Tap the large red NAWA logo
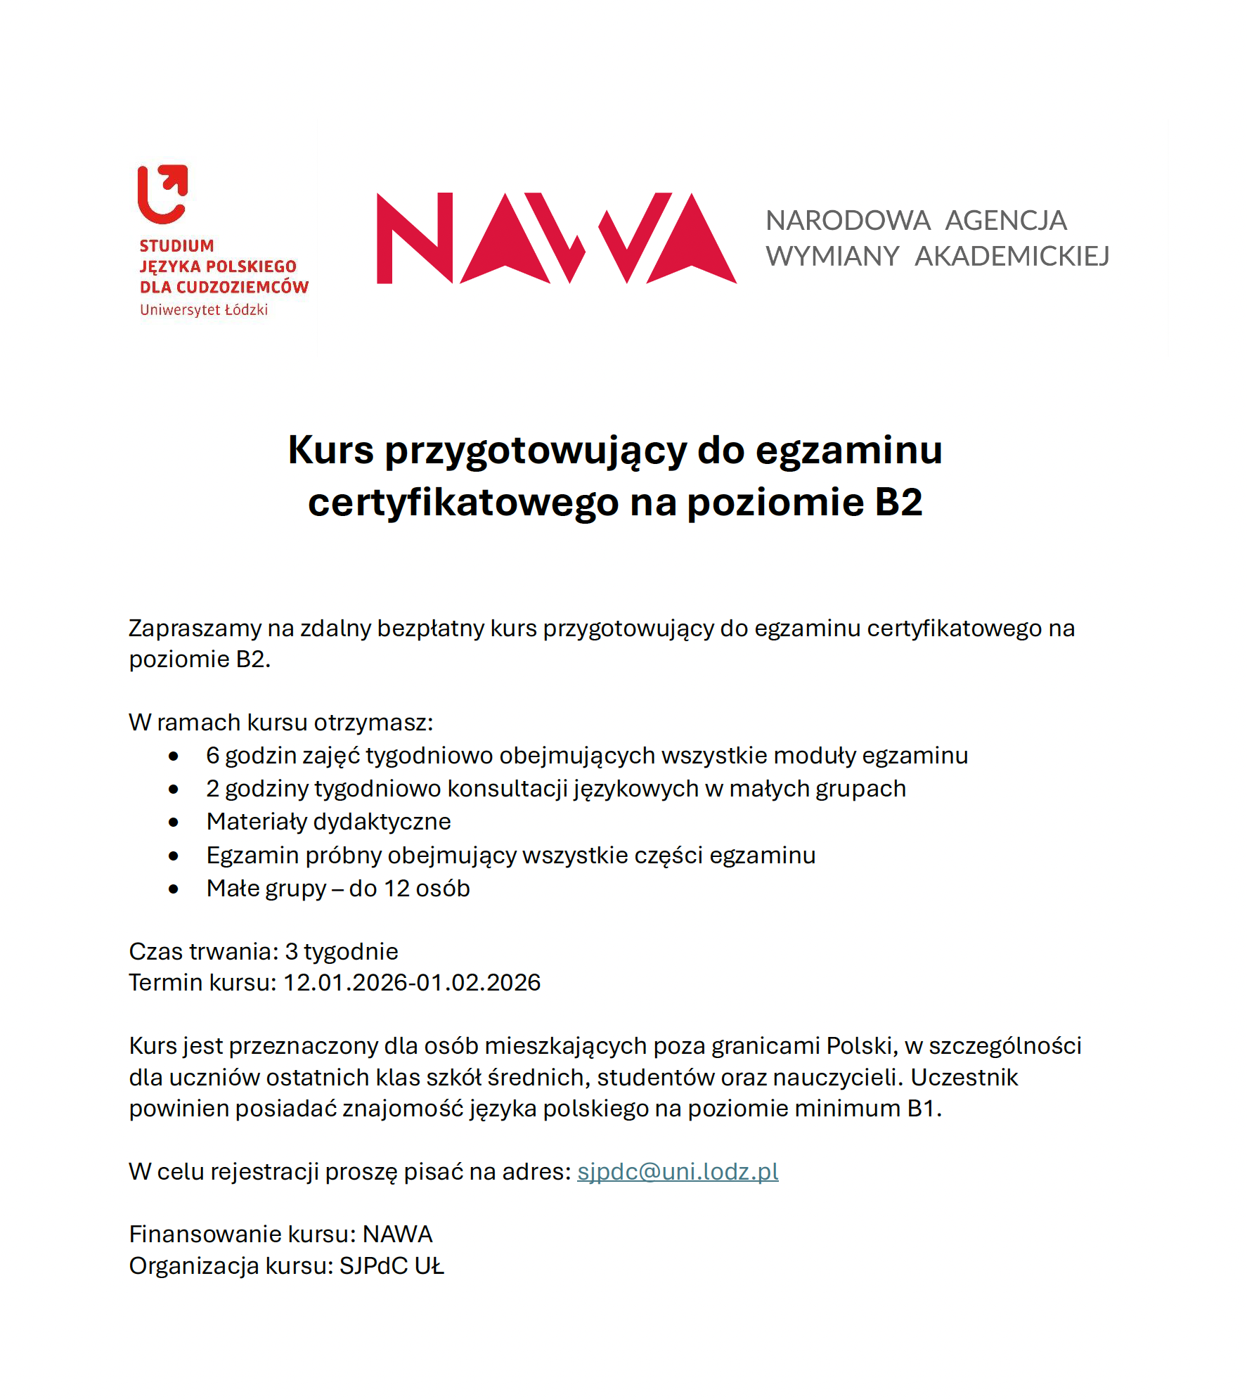coord(556,238)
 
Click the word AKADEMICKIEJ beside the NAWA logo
coord(1012,257)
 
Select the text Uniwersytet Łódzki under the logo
coord(204,310)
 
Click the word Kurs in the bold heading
coord(330,450)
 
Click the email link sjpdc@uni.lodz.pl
coord(678,1171)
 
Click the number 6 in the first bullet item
coord(212,756)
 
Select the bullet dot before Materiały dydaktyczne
coord(174,823)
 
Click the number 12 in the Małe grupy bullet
coord(397,889)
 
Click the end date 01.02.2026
coord(478,982)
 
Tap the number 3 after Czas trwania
coord(291,951)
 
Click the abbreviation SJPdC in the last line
coord(374,1265)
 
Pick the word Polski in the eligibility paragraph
coord(861,1046)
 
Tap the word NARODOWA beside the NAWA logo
coord(848,221)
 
